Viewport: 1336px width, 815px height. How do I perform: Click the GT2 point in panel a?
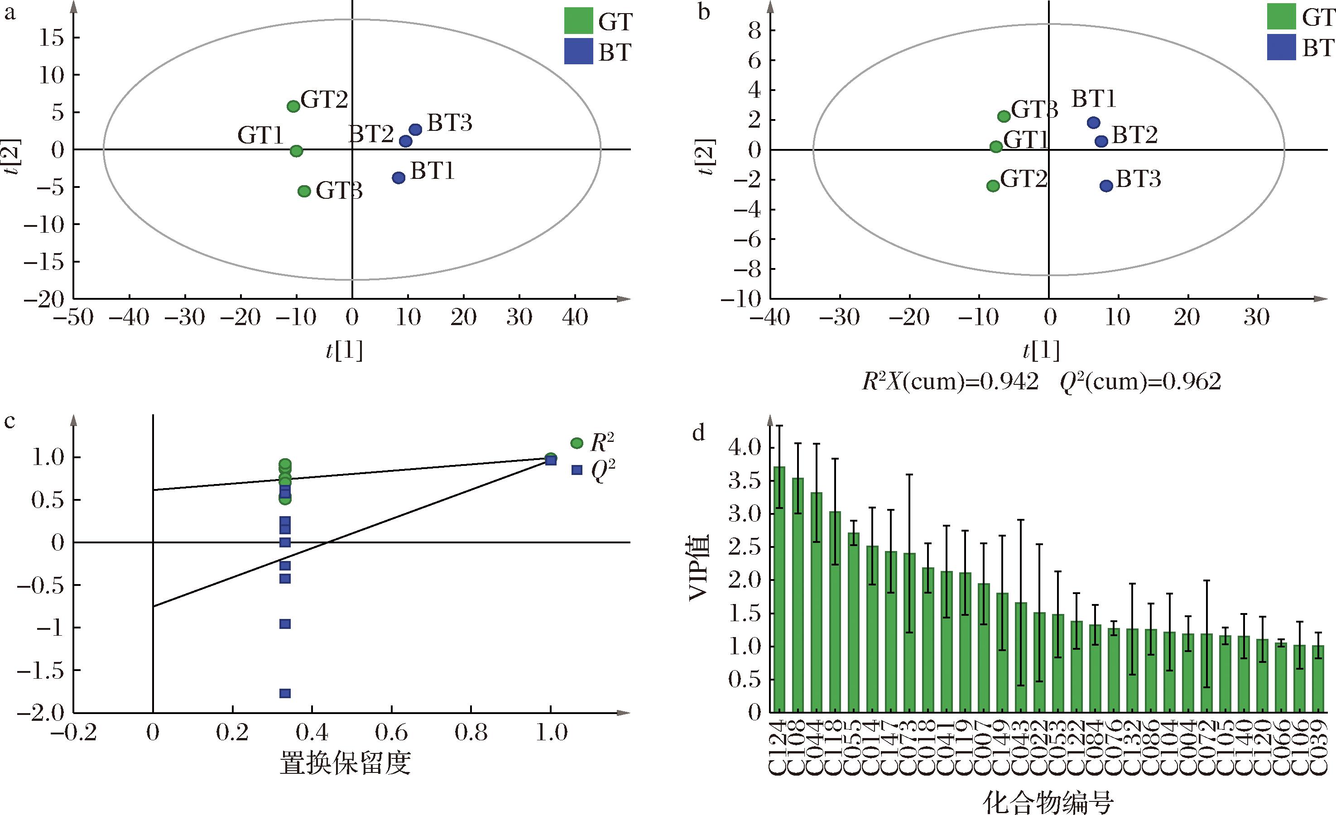(293, 106)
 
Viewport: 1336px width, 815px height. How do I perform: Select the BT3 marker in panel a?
(415, 129)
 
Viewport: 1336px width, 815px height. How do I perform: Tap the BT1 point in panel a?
(399, 177)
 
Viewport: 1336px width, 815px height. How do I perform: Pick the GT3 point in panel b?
(1004, 116)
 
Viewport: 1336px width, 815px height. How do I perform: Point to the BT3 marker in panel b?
(1106, 186)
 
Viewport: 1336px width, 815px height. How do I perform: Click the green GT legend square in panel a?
(578, 21)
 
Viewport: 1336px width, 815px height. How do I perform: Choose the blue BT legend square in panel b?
(1281, 47)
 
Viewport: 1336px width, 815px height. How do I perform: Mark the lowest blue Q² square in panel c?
(285, 693)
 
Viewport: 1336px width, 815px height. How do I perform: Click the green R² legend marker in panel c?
(577, 443)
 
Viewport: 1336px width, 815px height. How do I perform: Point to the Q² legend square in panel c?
(577, 470)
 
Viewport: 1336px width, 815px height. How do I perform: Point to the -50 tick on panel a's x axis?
(73, 317)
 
